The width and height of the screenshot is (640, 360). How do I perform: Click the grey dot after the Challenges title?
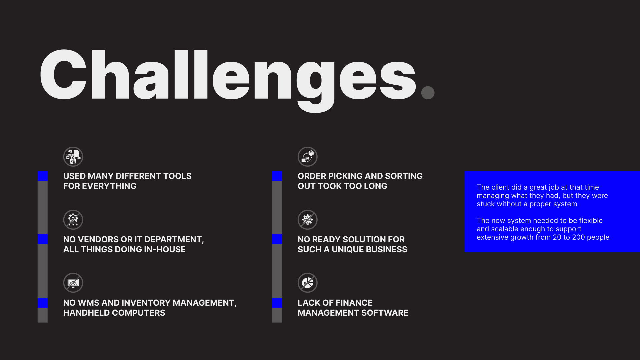click(x=428, y=93)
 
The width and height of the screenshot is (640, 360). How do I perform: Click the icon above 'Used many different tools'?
click(x=73, y=157)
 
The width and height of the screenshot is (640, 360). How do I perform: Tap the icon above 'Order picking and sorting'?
click(x=307, y=157)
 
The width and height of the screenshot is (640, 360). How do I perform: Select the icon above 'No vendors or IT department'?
click(x=73, y=220)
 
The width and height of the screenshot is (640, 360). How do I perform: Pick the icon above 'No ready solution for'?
click(x=307, y=220)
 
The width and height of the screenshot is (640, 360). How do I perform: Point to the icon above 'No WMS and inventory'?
click(x=73, y=283)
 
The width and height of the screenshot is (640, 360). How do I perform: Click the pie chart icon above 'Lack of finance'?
click(x=307, y=283)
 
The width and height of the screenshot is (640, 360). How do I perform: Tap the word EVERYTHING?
click(x=109, y=186)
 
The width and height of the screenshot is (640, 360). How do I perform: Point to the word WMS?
click(x=89, y=303)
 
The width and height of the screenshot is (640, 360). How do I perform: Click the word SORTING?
click(x=404, y=176)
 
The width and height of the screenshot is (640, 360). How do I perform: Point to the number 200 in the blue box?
click(x=579, y=237)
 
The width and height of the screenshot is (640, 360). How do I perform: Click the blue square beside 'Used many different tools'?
click(x=43, y=176)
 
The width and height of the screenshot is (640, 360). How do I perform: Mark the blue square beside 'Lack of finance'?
click(x=277, y=303)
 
